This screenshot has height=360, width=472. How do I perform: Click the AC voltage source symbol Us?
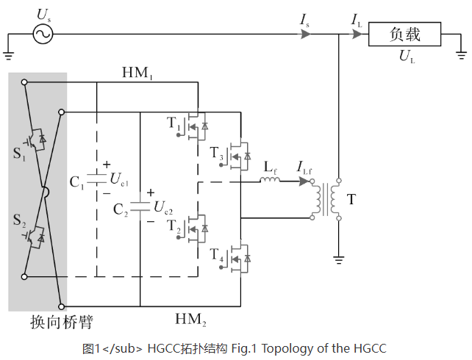(x=43, y=34)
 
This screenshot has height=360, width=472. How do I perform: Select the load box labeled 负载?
(x=404, y=34)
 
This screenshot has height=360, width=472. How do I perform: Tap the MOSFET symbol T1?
(x=195, y=126)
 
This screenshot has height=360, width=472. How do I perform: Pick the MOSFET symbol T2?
(x=195, y=228)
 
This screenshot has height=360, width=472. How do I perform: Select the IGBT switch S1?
(x=35, y=140)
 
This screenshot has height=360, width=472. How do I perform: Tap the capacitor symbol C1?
(x=96, y=179)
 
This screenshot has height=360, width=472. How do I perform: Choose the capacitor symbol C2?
(x=140, y=206)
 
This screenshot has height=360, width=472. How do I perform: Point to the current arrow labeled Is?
(x=306, y=34)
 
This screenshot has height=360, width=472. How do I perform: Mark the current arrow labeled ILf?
(x=304, y=181)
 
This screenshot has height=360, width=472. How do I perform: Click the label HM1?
(x=137, y=73)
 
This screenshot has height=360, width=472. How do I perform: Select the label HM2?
(x=190, y=320)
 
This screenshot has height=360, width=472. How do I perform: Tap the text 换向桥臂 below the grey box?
(x=62, y=322)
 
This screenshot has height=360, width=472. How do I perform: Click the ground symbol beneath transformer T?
(x=339, y=260)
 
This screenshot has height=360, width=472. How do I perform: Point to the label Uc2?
(x=163, y=207)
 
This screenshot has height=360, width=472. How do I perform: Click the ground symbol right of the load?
(x=461, y=56)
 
